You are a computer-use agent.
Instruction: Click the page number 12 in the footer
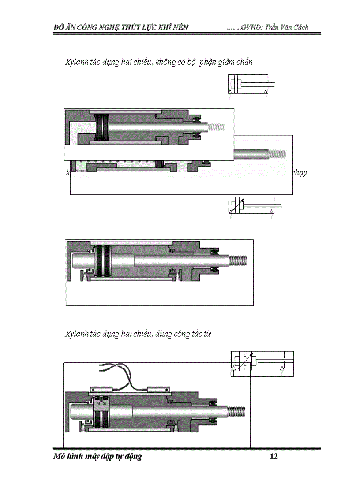coord(274,456)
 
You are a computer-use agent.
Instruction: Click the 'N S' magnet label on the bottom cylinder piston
coord(101,403)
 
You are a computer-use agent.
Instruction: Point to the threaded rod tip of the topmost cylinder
coord(216,127)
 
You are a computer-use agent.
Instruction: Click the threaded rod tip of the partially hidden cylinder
coord(278,154)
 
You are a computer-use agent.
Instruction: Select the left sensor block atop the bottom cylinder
coord(101,390)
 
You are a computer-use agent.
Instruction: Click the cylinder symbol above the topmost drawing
coord(249,85)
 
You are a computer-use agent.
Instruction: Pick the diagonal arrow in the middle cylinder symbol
coord(239,205)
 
